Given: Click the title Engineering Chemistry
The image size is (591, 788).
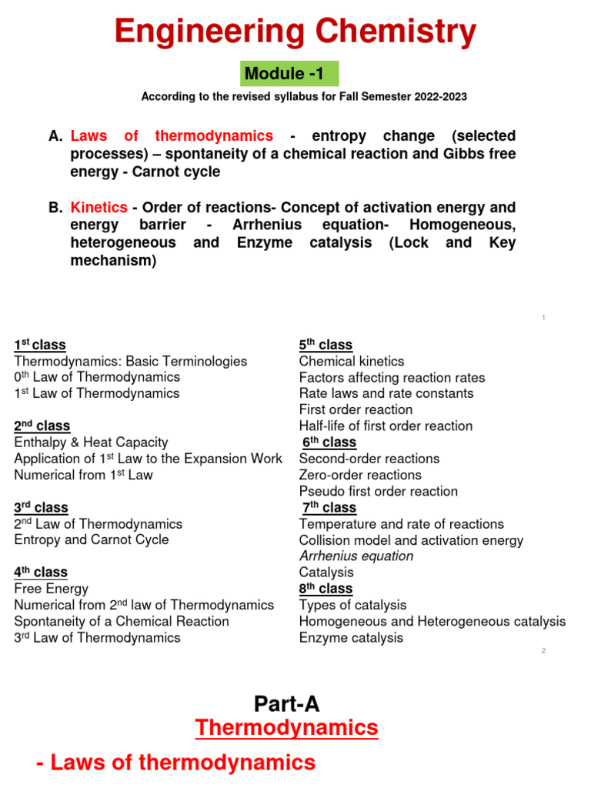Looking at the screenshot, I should click(x=295, y=32).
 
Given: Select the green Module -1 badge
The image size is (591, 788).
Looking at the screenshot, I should click(x=285, y=74).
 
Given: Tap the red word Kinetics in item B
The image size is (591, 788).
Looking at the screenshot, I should click(x=97, y=208).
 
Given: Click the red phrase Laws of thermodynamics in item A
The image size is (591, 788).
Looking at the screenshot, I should click(x=171, y=136).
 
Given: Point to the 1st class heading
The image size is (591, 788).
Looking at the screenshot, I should click(x=40, y=345).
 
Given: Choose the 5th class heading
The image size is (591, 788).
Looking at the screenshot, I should click(x=326, y=345).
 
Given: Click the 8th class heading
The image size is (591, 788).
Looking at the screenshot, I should click(x=326, y=589).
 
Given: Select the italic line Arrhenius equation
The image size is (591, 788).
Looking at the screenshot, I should click(x=356, y=556).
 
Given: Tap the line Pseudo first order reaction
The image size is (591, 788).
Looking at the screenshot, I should click(x=378, y=491).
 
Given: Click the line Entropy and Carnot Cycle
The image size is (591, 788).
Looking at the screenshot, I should click(x=91, y=539).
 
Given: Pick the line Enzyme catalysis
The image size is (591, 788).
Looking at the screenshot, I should click(x=351, y=637).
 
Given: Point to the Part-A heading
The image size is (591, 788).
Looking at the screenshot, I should click(x=286, y=703).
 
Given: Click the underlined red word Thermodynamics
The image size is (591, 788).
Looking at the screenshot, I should click(x=286, y=727).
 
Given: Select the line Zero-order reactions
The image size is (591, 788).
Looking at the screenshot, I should click(x=360, y=475).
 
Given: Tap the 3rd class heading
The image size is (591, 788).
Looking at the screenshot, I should click(x=41, y=508).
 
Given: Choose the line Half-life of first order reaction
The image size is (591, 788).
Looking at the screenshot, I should click(x=386, y=426).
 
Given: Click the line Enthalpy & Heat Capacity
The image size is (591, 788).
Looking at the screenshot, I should click(x=91, y=442).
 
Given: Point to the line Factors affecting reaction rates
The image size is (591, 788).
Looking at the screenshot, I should click(x=392, y=377).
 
